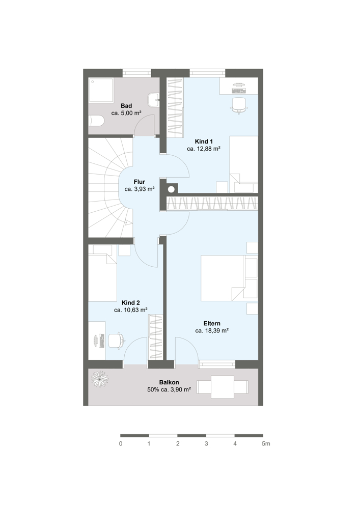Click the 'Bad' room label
click(x=126, y=106)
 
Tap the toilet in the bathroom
click(x=96, y=121)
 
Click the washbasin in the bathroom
click(x=153, y=100)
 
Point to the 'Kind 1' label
click(x=204, y=142)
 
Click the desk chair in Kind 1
click(x=239, y=104)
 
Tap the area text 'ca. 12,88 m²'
click(x=204, y=149)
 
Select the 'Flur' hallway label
click(x=139, y=182)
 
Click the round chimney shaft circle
click(x=171, y=189)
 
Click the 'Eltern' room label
click(x=212, y=323)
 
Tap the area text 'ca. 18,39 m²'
click(x=212, y=331)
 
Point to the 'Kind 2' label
click(x=131, y=303)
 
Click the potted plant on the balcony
click(x=100, y=379)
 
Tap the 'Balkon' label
click(x=169, y=383)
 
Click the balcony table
click(x=223, y=387)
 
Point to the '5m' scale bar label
click(x=266, y=444)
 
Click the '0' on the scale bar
click(x=121, y=444)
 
